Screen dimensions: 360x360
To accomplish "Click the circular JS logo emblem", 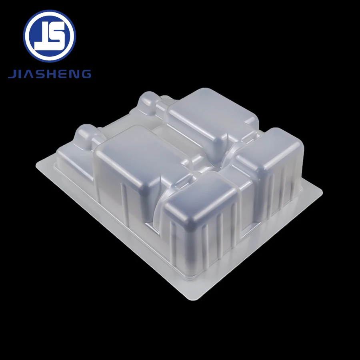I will pyautogui.click(x=49, y=36).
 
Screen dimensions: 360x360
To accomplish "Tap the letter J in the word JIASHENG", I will pyautogui.click(x=12, y=74).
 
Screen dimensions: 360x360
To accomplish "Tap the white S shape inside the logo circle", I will pyautogui.click(x=56, y=36).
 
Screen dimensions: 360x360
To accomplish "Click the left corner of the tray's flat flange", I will pyautogui.click(x=38, y=164).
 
